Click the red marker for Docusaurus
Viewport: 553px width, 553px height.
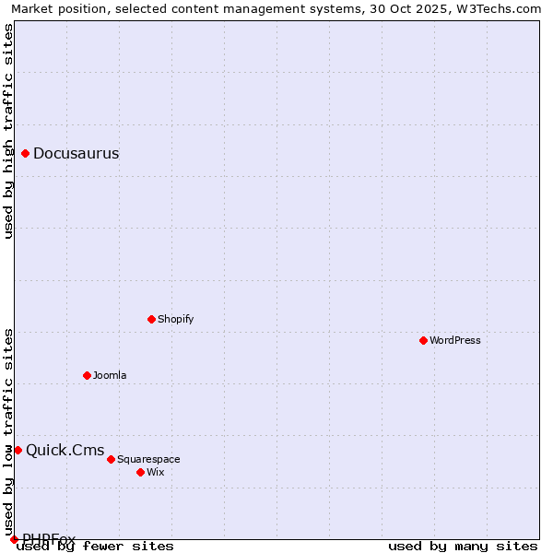coord(26,154)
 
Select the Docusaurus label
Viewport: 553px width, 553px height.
coord(76,154)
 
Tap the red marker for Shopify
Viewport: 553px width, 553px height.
coord(152,320)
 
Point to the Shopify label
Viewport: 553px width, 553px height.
coord(175,320)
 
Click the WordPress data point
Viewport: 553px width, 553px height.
coord(424,341)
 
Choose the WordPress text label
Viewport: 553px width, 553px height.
coord(455,341)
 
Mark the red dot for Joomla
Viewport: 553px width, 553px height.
coord(88,376)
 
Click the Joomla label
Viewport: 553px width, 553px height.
coord(110,376)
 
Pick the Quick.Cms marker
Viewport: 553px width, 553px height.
coord(18,451)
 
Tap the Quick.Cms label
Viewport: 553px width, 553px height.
coord(65,451)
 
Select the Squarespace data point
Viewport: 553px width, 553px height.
coord(112,460)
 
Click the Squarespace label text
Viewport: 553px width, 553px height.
coord(148,460)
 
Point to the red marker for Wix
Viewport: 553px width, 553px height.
coord(141,473)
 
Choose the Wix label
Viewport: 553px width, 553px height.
coord(156,473)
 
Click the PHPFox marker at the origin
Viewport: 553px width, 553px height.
coord(15,539)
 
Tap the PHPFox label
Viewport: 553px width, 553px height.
coord(49,539)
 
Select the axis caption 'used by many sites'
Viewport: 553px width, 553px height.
coord(463,547)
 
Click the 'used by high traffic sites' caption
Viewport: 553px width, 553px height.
coord(9,131)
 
